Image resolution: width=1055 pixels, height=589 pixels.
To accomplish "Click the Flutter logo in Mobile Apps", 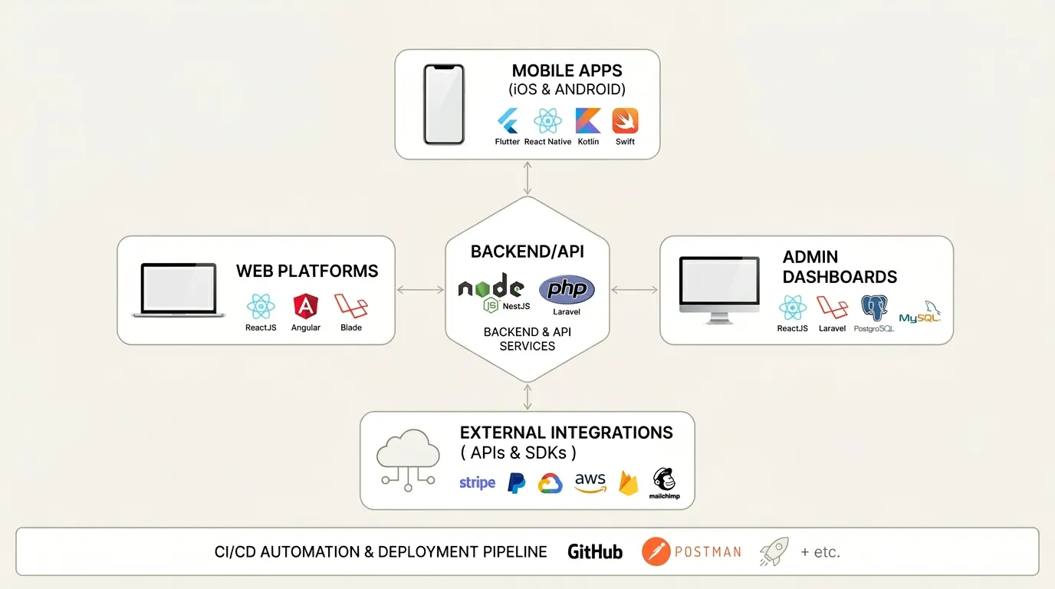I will pos(508,121).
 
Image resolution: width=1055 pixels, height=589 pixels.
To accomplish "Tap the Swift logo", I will pos(625,121).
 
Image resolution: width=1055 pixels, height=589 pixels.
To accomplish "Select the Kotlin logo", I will pos(588,121).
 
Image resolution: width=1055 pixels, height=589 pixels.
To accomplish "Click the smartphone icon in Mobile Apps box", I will pos(444,104).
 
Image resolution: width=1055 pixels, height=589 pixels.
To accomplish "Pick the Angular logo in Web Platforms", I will pos(305,307).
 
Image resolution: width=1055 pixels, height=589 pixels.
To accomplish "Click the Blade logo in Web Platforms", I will pos(351,306).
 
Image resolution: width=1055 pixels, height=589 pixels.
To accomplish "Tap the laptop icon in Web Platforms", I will pos(178,291).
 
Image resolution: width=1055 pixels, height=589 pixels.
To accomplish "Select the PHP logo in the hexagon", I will pos(567,290).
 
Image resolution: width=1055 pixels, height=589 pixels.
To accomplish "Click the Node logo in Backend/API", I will pos(491,288).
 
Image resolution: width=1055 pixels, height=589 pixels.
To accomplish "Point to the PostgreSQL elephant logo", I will pos(874,308).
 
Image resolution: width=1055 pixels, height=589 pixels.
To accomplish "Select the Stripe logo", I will pos(477,482).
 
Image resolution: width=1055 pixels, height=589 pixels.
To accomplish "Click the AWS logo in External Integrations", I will pos(590,482).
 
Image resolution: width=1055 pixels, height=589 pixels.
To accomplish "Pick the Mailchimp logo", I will pos(664,481).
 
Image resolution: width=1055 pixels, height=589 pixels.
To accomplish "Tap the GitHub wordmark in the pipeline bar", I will pos(595,551).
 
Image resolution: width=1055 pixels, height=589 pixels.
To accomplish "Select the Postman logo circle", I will pos(654,551).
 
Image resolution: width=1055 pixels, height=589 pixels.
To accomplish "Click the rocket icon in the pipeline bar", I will pos(774,551).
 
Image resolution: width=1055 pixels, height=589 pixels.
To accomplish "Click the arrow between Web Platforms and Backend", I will pos(420,290).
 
